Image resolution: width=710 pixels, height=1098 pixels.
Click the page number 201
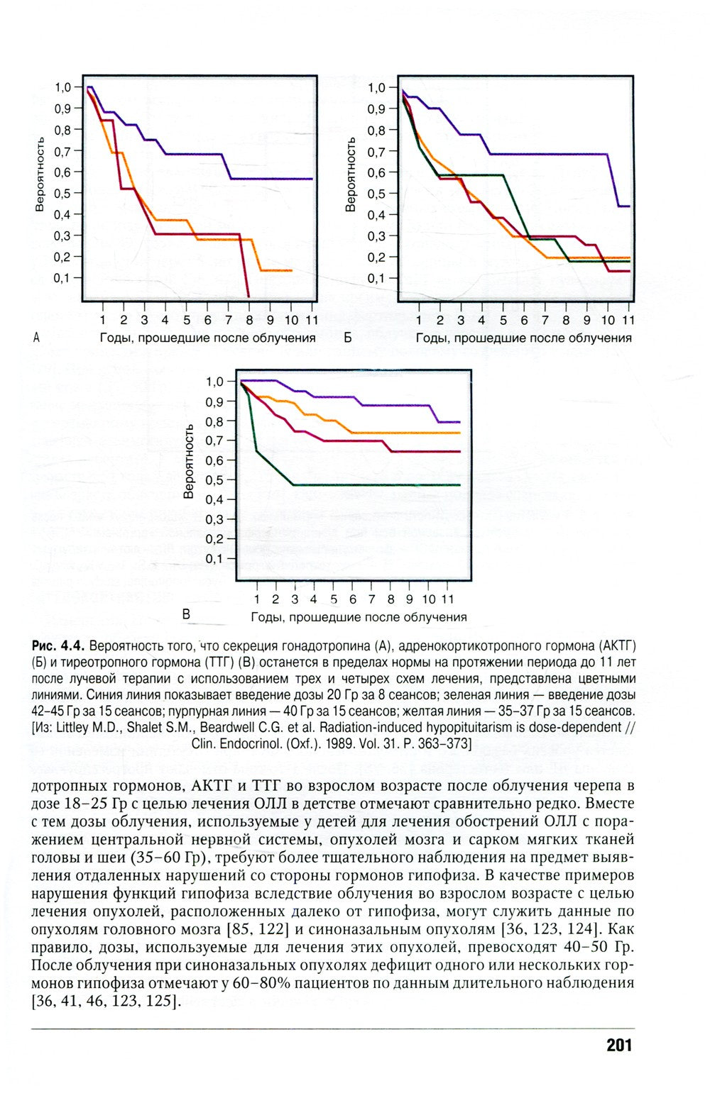pyautogui.click(x=619, y=1046)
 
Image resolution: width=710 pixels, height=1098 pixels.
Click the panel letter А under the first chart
pyautogui.click(x=35, y=337)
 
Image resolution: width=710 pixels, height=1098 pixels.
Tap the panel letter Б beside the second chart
pyautogui.click(x=347, y=337)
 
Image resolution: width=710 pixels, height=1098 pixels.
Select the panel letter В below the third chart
pyautogui.click(x=186, y=614)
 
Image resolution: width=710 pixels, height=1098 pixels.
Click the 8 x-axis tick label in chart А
pyautogui.click(x=249, y=320)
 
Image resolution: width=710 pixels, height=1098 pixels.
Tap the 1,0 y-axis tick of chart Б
pyautogui.click(x=377, y=88)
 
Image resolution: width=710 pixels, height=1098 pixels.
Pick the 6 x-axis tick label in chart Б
pyautogui.click(x=524, y=320)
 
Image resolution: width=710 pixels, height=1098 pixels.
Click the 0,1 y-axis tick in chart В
pyautogui.click(x=215, y=559)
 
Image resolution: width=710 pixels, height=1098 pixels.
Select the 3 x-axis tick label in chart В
pyautogui.click(x=295, y=599)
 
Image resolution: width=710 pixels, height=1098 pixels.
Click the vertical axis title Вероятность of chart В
pyautogui.click(x=189, y=462)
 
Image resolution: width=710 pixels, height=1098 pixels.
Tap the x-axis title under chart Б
pyautogui.click(x=523, y=338)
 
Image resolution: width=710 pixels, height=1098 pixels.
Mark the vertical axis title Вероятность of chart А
pyautogui.click(x=40, y=174)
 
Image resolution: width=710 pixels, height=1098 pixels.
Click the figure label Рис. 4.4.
pyautogui.click(x=58, y=645)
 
